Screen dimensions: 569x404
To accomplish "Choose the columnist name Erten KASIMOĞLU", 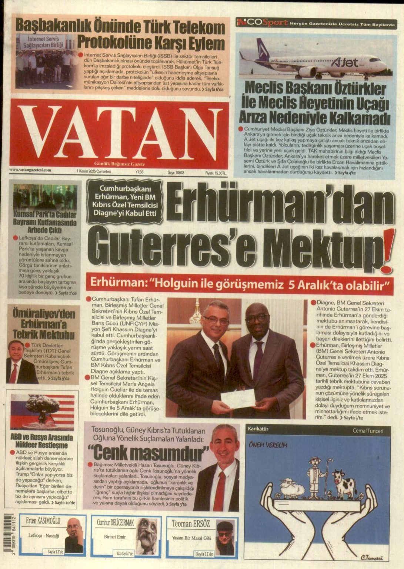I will tap(43, 522).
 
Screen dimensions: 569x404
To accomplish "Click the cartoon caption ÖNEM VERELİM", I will tap(268, 445).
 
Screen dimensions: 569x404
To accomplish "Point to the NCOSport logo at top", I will tap(262, 22).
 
